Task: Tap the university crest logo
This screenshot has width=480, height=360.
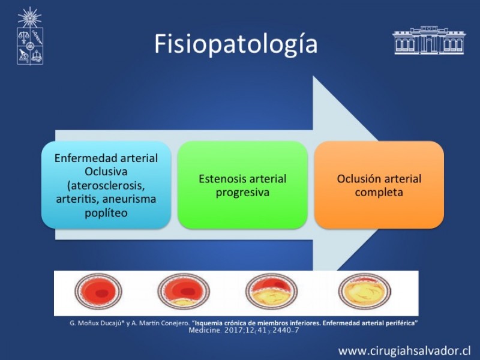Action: coord(29,36)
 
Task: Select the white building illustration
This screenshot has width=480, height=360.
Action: coord(428,40)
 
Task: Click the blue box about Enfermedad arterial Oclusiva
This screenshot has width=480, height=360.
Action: coord(106,185)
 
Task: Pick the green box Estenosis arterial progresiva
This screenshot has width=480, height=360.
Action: coord(242,185)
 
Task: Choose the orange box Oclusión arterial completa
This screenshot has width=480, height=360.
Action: coord(379,185)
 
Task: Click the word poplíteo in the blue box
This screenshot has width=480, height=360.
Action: coord(106,213)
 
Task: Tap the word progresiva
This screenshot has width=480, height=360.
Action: coord(242,193)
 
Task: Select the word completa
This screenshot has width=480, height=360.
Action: coord(379,192)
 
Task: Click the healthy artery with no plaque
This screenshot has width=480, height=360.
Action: coord(98,291)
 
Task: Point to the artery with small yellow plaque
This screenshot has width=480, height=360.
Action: coord(184,291)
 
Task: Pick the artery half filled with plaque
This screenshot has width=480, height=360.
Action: coord(272,291)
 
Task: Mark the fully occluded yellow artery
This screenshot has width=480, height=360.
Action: coord(364,291)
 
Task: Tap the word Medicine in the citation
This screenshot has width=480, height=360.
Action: coord(205,331)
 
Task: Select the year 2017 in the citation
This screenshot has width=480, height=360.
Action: coord(232,331)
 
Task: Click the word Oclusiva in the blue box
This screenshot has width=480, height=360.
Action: coord(106,172)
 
